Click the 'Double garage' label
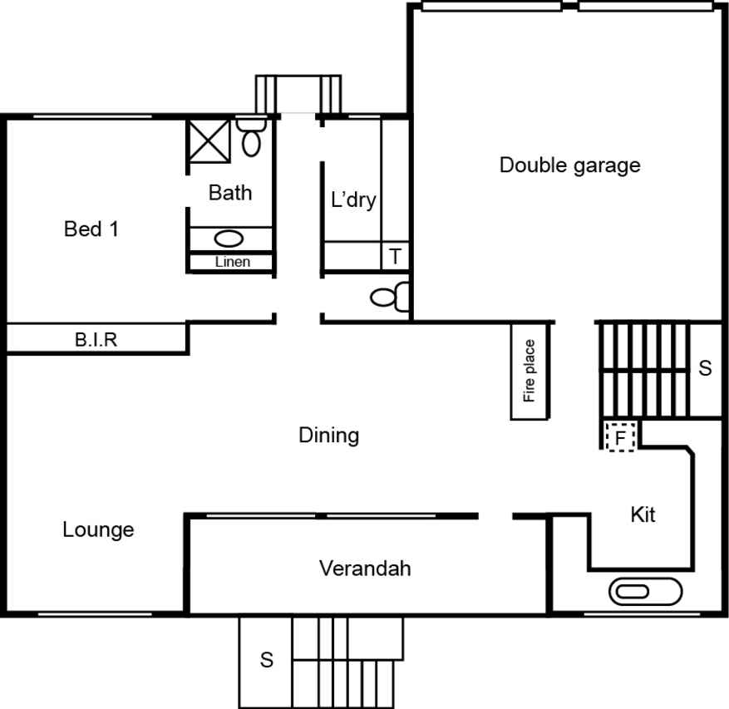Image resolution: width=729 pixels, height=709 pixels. point(569,166)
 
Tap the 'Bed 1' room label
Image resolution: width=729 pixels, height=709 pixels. point(91,229)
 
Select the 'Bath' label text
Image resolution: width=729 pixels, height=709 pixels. point(230,193)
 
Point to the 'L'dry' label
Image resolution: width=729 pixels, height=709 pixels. point(353,200)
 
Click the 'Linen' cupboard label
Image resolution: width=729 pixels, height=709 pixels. point(233,262)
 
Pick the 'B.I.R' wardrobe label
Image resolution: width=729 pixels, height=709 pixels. point(96,340)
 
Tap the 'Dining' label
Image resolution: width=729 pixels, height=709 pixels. point(328,436)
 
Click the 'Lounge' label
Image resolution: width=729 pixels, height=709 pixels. point(98,530)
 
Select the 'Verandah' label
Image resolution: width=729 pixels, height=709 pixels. point(365,569)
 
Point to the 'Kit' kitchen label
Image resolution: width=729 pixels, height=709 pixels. point(643,515)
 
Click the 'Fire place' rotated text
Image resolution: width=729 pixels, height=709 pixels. point(529,371)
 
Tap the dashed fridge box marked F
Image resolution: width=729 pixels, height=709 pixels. point(620,437)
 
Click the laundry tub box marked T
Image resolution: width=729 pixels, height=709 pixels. point(395,256)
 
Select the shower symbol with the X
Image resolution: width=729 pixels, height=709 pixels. point(209,140)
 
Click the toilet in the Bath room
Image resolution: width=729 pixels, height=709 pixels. point(251,137)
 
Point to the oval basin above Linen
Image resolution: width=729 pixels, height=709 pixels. point(229,239)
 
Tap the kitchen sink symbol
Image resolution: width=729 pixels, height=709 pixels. point(645,591)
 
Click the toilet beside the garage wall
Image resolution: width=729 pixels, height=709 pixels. point(390,297)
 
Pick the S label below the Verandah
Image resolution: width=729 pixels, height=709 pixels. point(266,660)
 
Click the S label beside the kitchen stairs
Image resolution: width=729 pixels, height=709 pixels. point(705,367)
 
